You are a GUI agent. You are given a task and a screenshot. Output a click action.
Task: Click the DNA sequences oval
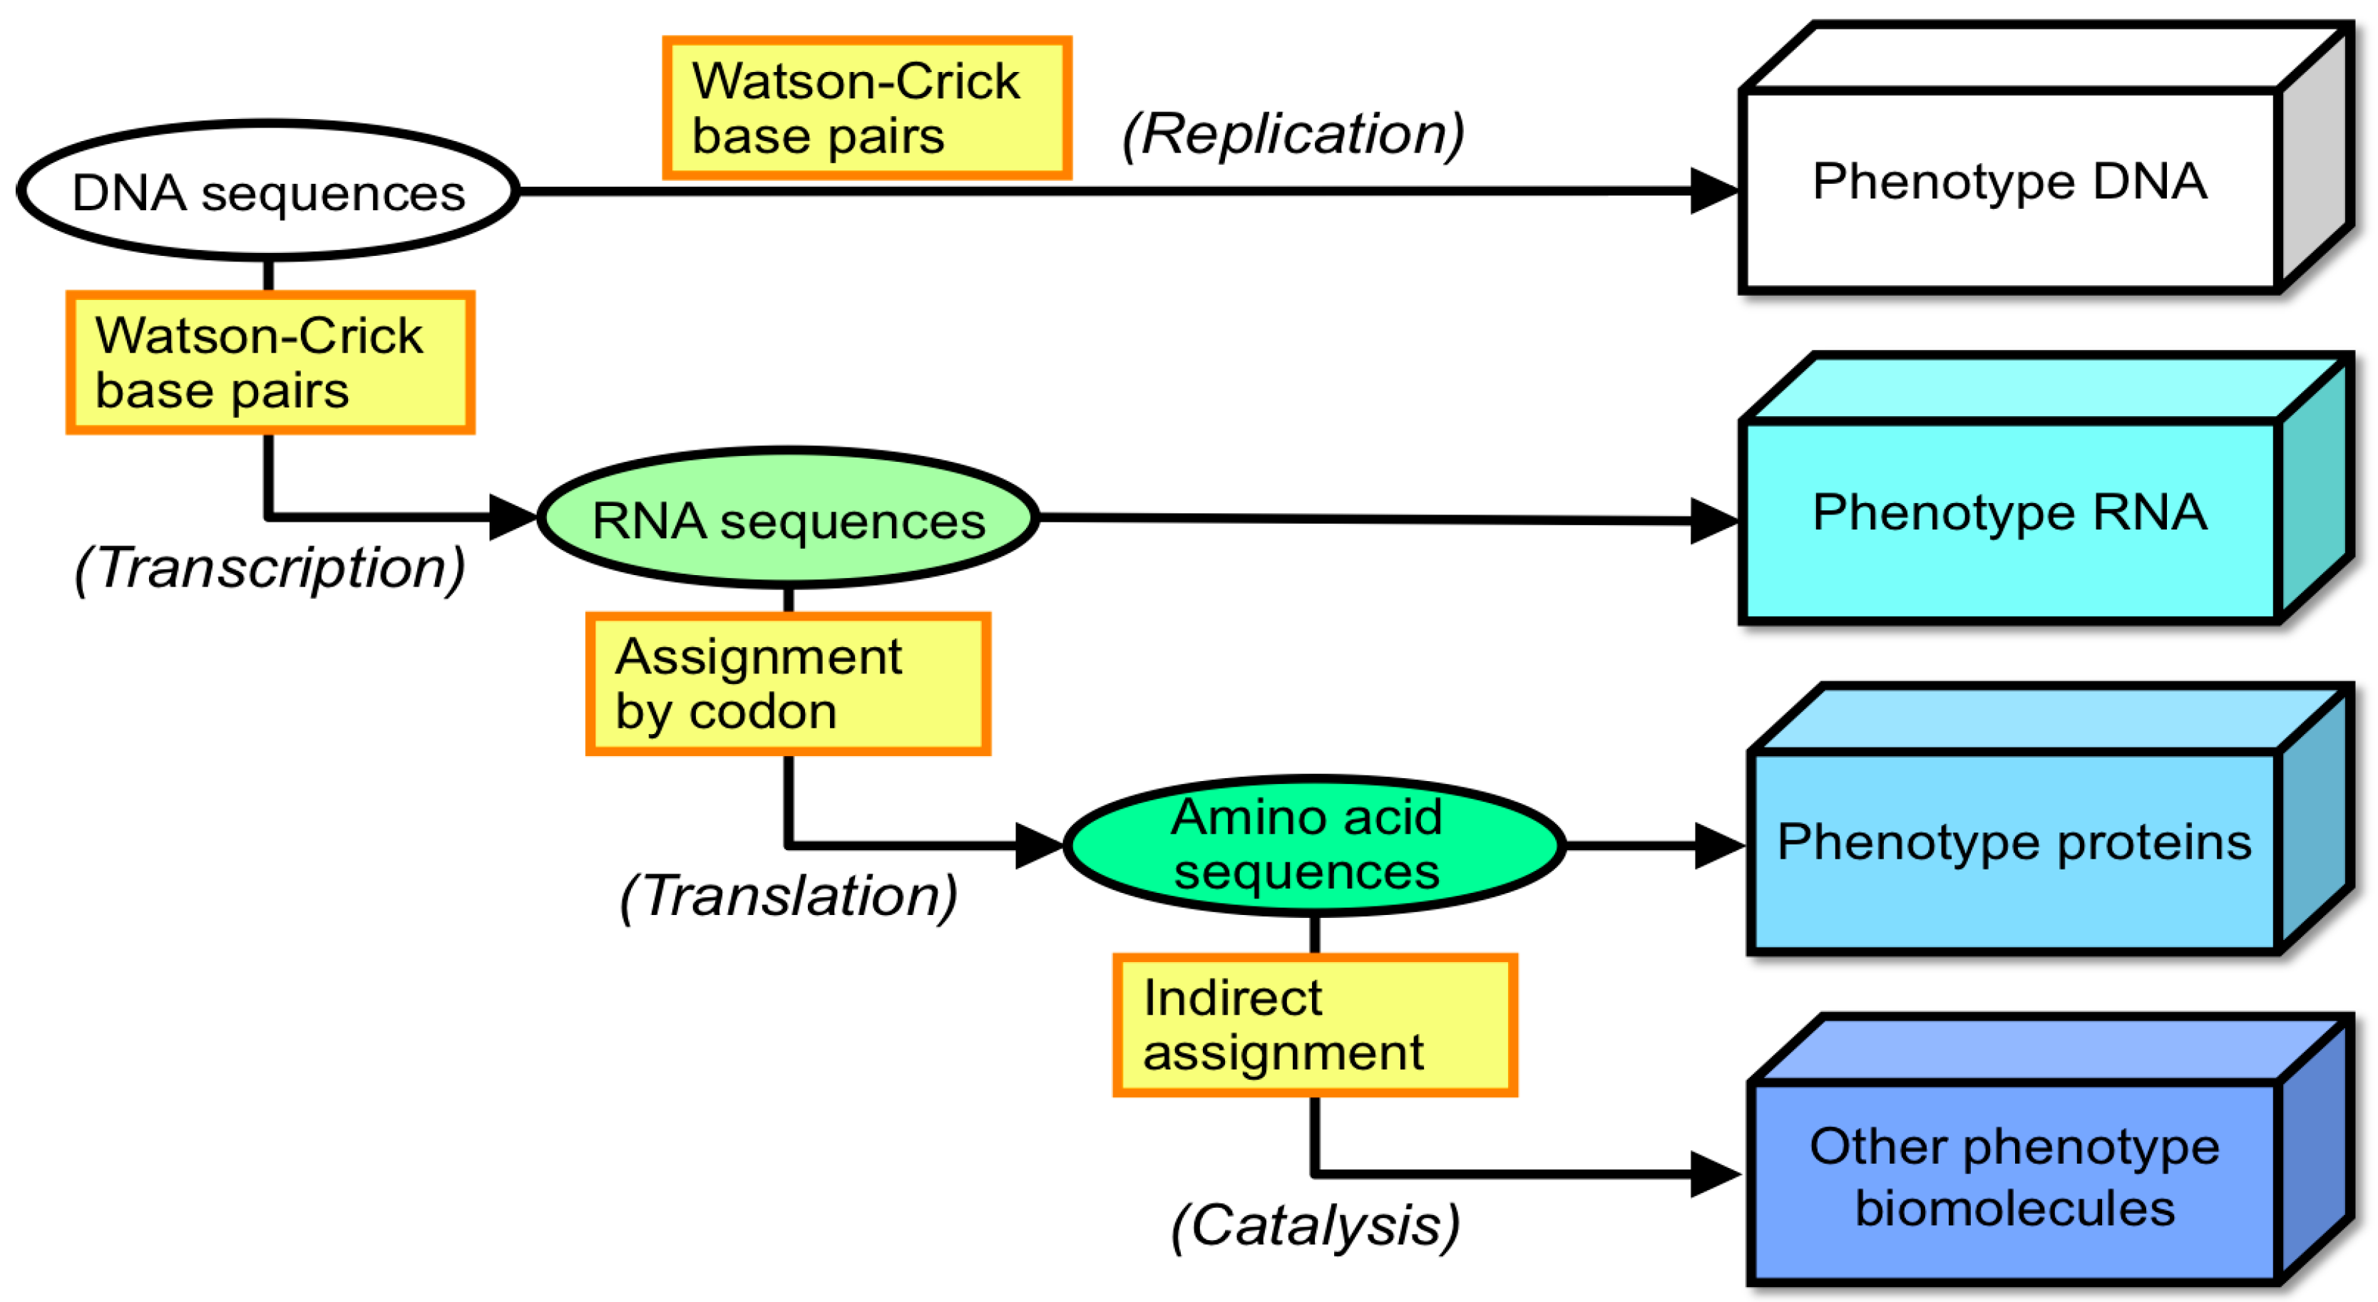tap(267, 192)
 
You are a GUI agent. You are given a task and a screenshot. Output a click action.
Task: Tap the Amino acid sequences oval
tap(1313, 845)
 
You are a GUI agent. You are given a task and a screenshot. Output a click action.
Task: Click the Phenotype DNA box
tap(2009, 189)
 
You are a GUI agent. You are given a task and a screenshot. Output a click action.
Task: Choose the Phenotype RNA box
tap(2009, 520)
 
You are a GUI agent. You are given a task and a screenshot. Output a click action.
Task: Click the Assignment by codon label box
tap(787, 683)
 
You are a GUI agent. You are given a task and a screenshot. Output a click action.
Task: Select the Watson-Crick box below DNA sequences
tap(270, 363)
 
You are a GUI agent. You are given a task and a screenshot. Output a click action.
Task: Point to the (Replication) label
tap(1292, 134)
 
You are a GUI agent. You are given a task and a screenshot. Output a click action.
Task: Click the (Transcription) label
tap(270, 567)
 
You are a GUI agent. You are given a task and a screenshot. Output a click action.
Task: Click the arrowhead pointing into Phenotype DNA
tap(1713, 191)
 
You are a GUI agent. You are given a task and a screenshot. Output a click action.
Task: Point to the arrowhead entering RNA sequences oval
tap(511, 517)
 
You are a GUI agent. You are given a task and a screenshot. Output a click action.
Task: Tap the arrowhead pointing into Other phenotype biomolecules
tap(1713, 1174)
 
